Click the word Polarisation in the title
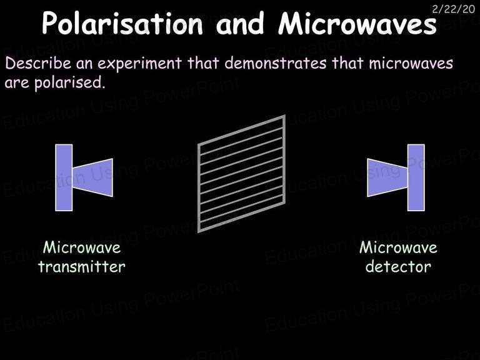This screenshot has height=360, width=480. [122, 23]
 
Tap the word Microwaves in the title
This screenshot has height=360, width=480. [357, 23]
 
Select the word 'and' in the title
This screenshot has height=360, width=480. [240, 23]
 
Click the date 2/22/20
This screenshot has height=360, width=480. [453, 9]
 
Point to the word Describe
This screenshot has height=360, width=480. [38, 63]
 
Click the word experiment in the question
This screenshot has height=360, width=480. [139, 64]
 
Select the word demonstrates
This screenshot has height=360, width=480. [275, 63]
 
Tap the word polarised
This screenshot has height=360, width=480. [70, 82]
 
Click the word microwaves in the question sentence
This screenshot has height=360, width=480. [411, 63]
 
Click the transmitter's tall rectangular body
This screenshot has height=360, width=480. [64, 177]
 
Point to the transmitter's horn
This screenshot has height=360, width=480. [92, 177]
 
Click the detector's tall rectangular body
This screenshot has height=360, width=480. [416, 177]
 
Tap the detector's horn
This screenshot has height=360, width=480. [387, 177]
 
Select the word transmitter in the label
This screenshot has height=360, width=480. [82, 266]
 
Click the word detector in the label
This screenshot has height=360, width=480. [398, 266]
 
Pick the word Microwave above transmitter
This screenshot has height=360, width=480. [82, 247]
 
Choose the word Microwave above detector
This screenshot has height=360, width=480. [398, 247]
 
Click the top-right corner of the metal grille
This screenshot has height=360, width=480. [285, 116]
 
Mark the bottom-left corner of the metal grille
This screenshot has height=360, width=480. [199, 232]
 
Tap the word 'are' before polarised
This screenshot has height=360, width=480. [17, 83]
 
